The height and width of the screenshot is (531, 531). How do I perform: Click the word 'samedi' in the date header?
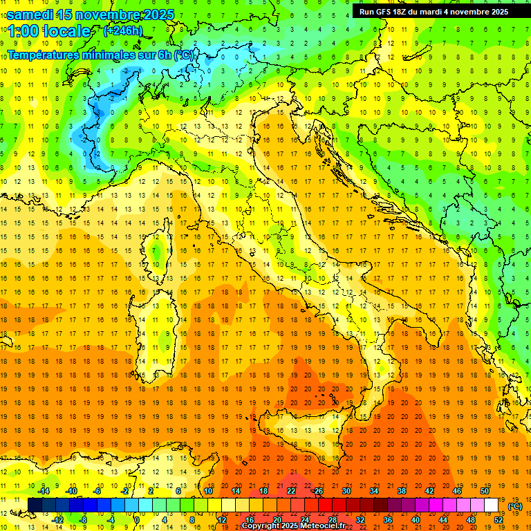(x=30, y=15)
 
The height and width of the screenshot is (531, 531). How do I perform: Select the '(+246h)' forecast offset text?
(x=122, y=31)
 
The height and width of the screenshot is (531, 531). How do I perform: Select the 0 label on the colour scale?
(x=137, y=520)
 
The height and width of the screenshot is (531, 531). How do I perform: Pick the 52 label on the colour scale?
(x=499, y=520)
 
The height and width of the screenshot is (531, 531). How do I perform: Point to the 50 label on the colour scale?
(x=485, y=491)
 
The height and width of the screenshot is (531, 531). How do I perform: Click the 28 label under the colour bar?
(x=332, y=520)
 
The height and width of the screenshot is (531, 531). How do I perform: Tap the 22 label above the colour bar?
(x=290, y=491)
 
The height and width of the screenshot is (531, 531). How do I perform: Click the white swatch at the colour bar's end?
(x=492, y=505)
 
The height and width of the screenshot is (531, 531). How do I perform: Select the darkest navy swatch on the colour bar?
(x=35, y=505)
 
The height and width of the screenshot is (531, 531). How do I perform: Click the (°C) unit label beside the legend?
(x=514, y=506)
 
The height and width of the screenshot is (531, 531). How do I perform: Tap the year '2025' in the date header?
(x=156, y=15)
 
